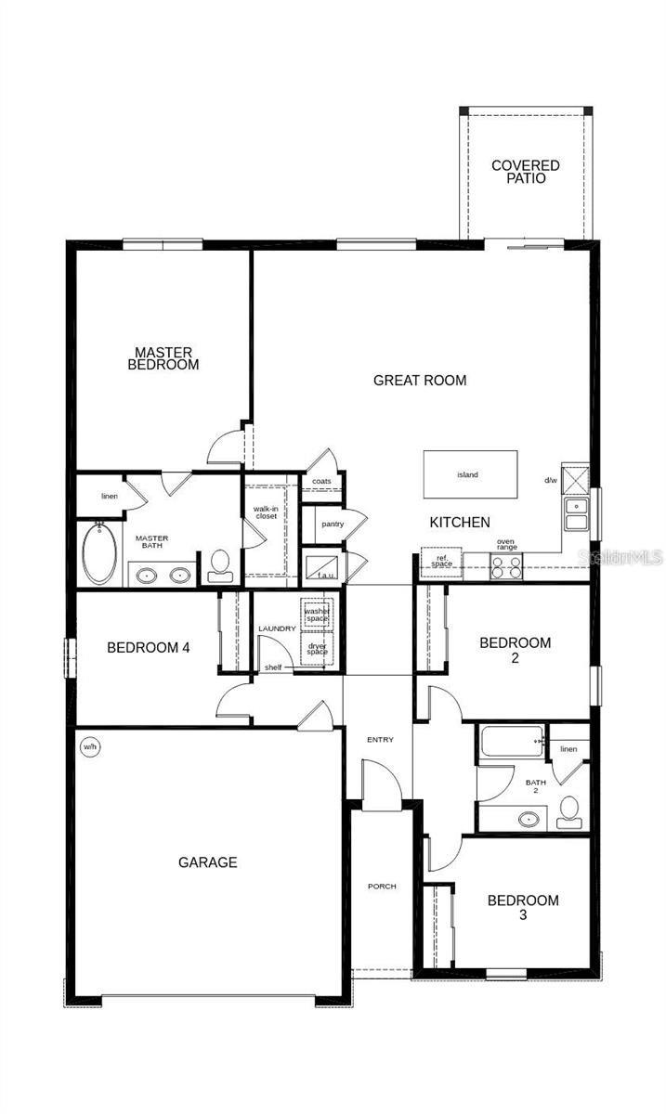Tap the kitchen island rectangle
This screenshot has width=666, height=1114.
pos(470,474)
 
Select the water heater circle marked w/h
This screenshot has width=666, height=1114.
pos(90,746)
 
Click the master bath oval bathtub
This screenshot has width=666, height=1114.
pos(98,553)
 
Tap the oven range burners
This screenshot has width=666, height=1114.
pos(506,566)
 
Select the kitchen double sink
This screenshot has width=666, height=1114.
pos(576,513)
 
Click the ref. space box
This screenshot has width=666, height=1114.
pos(441,562)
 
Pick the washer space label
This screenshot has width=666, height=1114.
pos(317,615)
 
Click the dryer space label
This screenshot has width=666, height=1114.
pos(317,648)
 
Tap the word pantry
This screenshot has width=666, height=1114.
pos(333,525)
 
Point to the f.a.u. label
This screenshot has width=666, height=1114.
pos(325,575)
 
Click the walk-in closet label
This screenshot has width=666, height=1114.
pos(266,512)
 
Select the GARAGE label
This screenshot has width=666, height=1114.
pos(207,862)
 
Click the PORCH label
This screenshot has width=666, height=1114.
pos(382,887)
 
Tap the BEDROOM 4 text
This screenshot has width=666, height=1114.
pos(149,648)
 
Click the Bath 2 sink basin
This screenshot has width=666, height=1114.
pos(529,820)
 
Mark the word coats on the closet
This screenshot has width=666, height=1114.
pos(321,481)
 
